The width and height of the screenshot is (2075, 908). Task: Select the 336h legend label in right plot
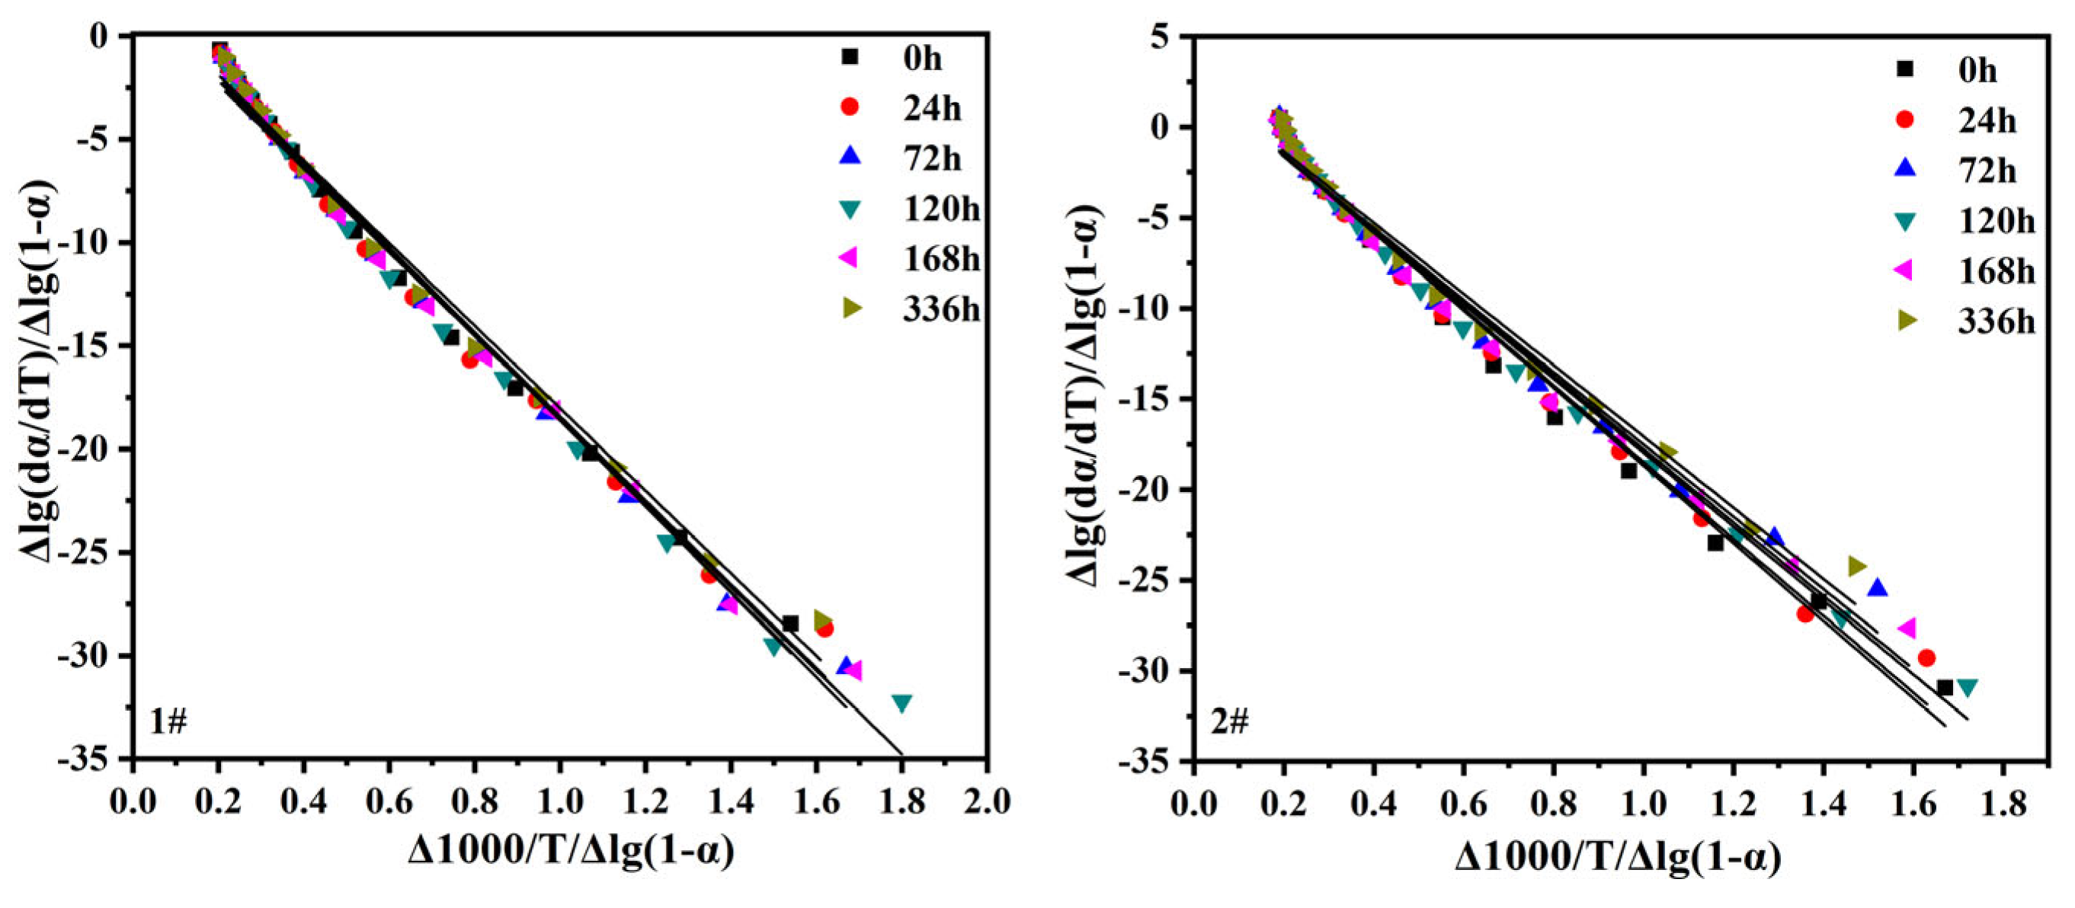(1996, 321)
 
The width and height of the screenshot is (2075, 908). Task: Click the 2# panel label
(1229, 723)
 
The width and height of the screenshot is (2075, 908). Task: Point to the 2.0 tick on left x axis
(988, 802)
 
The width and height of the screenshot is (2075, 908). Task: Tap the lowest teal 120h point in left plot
(901, 703)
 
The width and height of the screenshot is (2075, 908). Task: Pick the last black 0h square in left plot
(790, 624)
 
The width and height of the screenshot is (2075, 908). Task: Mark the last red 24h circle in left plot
(825, 628)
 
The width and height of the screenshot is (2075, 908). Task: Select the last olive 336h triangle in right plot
(1857, 566)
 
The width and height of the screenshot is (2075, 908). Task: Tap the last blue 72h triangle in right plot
(1878, 587)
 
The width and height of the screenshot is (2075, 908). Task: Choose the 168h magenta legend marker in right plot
(1906, 271)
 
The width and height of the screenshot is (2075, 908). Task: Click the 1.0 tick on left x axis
(561, 802)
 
